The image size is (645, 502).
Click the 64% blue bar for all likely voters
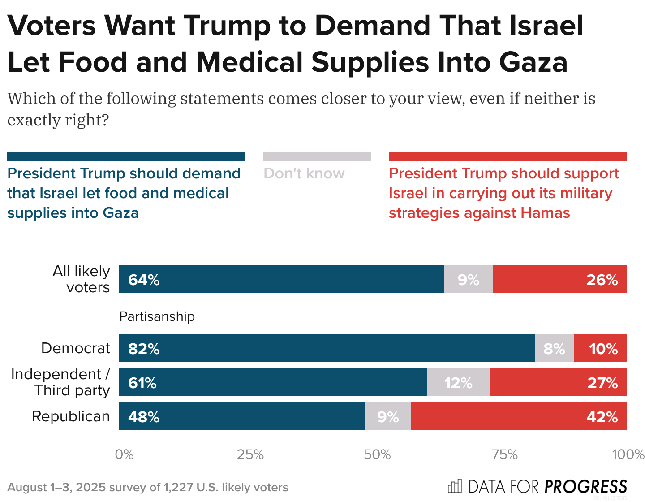[281, 279]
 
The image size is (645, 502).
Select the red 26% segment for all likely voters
[559, 279]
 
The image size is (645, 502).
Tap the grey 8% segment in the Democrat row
[554, 348]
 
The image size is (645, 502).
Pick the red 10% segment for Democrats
[600, 348]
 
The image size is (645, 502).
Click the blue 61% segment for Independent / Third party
[273, 382]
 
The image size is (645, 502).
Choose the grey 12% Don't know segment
[458, 382]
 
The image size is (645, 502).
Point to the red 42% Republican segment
[519, 416]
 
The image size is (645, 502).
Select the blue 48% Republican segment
[241, 416]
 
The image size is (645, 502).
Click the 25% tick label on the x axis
[250, 454]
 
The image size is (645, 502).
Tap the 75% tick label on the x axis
[504, 454]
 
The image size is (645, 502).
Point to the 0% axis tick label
[124, 454]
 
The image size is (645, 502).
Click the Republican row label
[71, 416]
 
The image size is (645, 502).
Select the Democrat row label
[75, 348]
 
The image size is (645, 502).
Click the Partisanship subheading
[157, 316]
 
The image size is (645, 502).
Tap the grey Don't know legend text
[304, 173]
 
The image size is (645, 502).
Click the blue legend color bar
[126, 157]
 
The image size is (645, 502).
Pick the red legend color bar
[507, 157]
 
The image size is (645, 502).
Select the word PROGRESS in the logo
[586, 487]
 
